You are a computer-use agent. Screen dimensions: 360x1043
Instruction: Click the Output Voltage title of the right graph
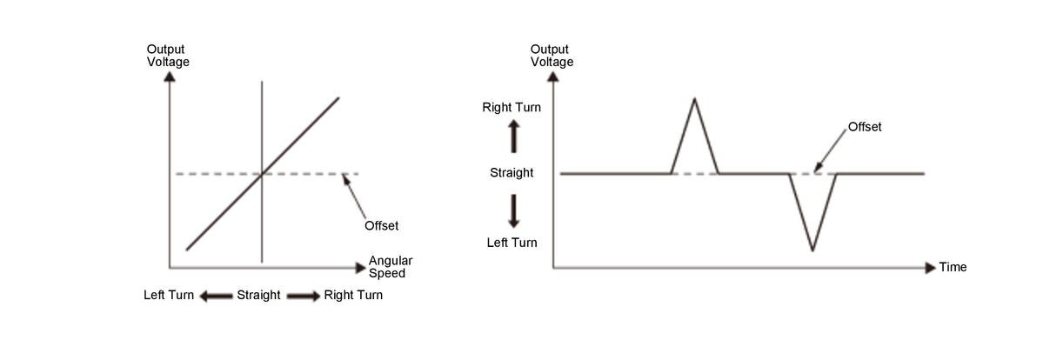(552, 56)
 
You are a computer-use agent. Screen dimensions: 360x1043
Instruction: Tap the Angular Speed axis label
(390, 266)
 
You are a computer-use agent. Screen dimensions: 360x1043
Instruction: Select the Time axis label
(953, 267)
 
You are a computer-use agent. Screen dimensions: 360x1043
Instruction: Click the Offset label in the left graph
(381, 226)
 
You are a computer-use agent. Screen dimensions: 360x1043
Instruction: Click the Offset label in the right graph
(865, 127)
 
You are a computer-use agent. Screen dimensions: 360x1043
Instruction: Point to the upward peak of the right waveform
(694, 98)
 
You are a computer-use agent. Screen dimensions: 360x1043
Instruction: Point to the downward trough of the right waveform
(812, 250)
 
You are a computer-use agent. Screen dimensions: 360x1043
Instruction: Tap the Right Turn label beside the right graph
(511, 108)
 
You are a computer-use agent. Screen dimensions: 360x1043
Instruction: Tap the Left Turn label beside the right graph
(511, 243)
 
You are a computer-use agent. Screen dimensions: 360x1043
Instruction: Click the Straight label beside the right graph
(511, 173)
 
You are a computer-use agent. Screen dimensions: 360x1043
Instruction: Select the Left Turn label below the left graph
(169, 296)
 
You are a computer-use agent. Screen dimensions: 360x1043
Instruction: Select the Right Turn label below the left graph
(353, 296)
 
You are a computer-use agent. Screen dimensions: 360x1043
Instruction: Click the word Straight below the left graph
(258, 296)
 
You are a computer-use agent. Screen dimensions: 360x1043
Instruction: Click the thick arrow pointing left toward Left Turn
(215, 296)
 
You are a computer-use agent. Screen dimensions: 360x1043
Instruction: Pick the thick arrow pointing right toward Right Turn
(304, 296)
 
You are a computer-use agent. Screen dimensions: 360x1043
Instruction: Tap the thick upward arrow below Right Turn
(513, 136)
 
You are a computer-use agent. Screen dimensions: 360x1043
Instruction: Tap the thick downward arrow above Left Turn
(513, 210)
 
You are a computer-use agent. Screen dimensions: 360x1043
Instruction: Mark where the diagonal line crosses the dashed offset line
(262, 174)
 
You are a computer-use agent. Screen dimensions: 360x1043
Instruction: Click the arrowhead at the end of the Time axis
(931, 267)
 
